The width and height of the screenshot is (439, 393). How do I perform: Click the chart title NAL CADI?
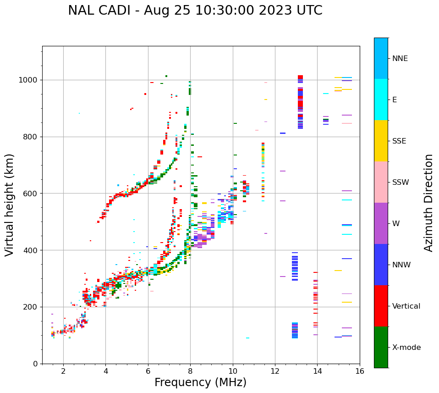pyautogui.click(x=195, y=11)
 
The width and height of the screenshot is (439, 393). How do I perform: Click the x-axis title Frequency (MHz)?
pyautogui.click(x=200, y=382)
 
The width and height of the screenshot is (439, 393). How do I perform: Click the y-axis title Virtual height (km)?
pyautogui.click(x=10, y=205)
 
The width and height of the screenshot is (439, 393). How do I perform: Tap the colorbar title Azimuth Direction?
pyautogui.click(x=428, y=203)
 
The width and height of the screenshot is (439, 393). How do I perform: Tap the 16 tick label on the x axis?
pyautogui.click(x=360, y=371)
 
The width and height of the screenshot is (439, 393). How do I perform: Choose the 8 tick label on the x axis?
pyautogui.click(x=190, y=371)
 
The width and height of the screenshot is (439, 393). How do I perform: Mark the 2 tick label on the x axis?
pyautogui.click(x=63, y=371)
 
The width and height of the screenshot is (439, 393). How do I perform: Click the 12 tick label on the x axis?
pyautogui.click(x=275, y=371)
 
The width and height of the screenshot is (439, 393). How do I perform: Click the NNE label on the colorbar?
pyautogui.click(x=400, y=59)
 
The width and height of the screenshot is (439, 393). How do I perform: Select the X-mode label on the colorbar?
pyautogui.click(x=406, y=348)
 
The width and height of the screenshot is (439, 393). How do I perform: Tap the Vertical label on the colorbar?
pyautogui.click(x=406, y=306)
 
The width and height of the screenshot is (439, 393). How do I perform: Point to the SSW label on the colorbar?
pyautogui.click(x=401, y=183)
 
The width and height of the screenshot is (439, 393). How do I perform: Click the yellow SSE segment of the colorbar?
pyautogui.click(x=381, y=141)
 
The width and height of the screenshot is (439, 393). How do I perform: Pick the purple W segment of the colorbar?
pyautogui.click(x=381, y=223)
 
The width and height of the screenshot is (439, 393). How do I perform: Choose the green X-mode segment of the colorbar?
pyautogui.click(x=381, y=347)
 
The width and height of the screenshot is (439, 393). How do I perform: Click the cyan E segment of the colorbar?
pyautogui.click(x=381, y=100)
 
